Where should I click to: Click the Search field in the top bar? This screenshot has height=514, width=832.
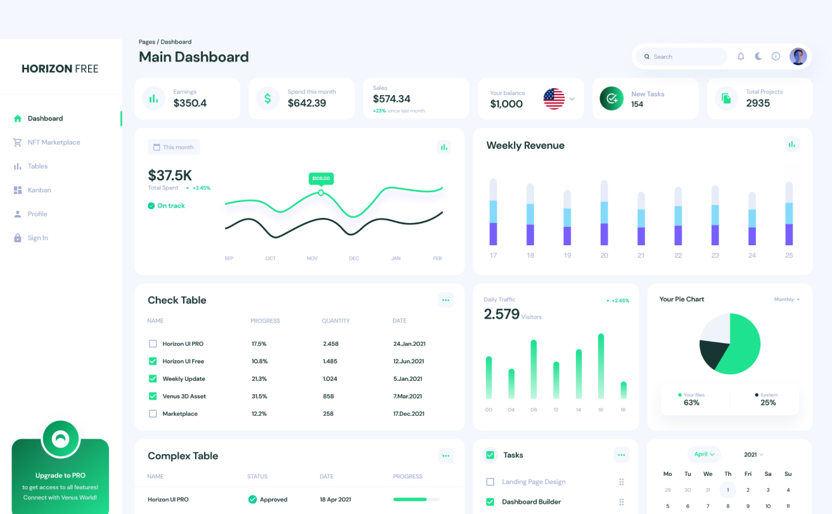coord(684,56)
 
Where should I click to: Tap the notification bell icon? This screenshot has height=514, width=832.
coord(741,56)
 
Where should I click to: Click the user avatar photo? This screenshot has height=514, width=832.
coord(798,56)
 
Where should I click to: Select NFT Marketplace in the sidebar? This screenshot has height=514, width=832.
coord(54,143)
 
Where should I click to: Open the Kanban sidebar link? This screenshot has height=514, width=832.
coord(39,190)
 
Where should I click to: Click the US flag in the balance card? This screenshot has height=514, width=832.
coord(554,99)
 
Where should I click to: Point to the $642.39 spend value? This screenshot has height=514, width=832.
coord(307,103)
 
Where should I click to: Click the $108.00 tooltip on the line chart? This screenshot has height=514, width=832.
coord(321,179)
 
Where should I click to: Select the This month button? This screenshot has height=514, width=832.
coord(174,147)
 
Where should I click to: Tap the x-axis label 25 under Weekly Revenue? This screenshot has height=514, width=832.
coord(789,255)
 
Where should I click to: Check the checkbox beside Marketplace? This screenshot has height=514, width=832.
coord(153,414)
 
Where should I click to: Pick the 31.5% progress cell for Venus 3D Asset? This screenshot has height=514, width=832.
coord(260,396)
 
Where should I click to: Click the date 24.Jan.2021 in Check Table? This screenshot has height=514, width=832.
coord(409,344)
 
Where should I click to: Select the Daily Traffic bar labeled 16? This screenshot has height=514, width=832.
coord(601,366)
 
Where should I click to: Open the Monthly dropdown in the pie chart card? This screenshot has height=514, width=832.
coord(786,299)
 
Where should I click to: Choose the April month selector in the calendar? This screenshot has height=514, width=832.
coord(704,454)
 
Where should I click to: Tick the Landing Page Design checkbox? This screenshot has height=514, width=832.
coord(490,482)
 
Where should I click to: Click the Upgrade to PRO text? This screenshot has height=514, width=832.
coord(60,475)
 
